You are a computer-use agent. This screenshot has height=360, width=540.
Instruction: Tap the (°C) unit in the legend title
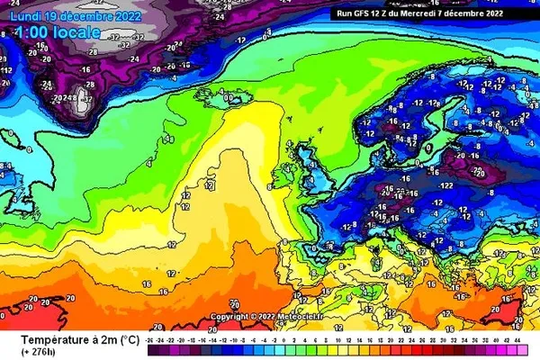[128, 339]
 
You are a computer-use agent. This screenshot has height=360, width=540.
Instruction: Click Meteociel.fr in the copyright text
[286, 317]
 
